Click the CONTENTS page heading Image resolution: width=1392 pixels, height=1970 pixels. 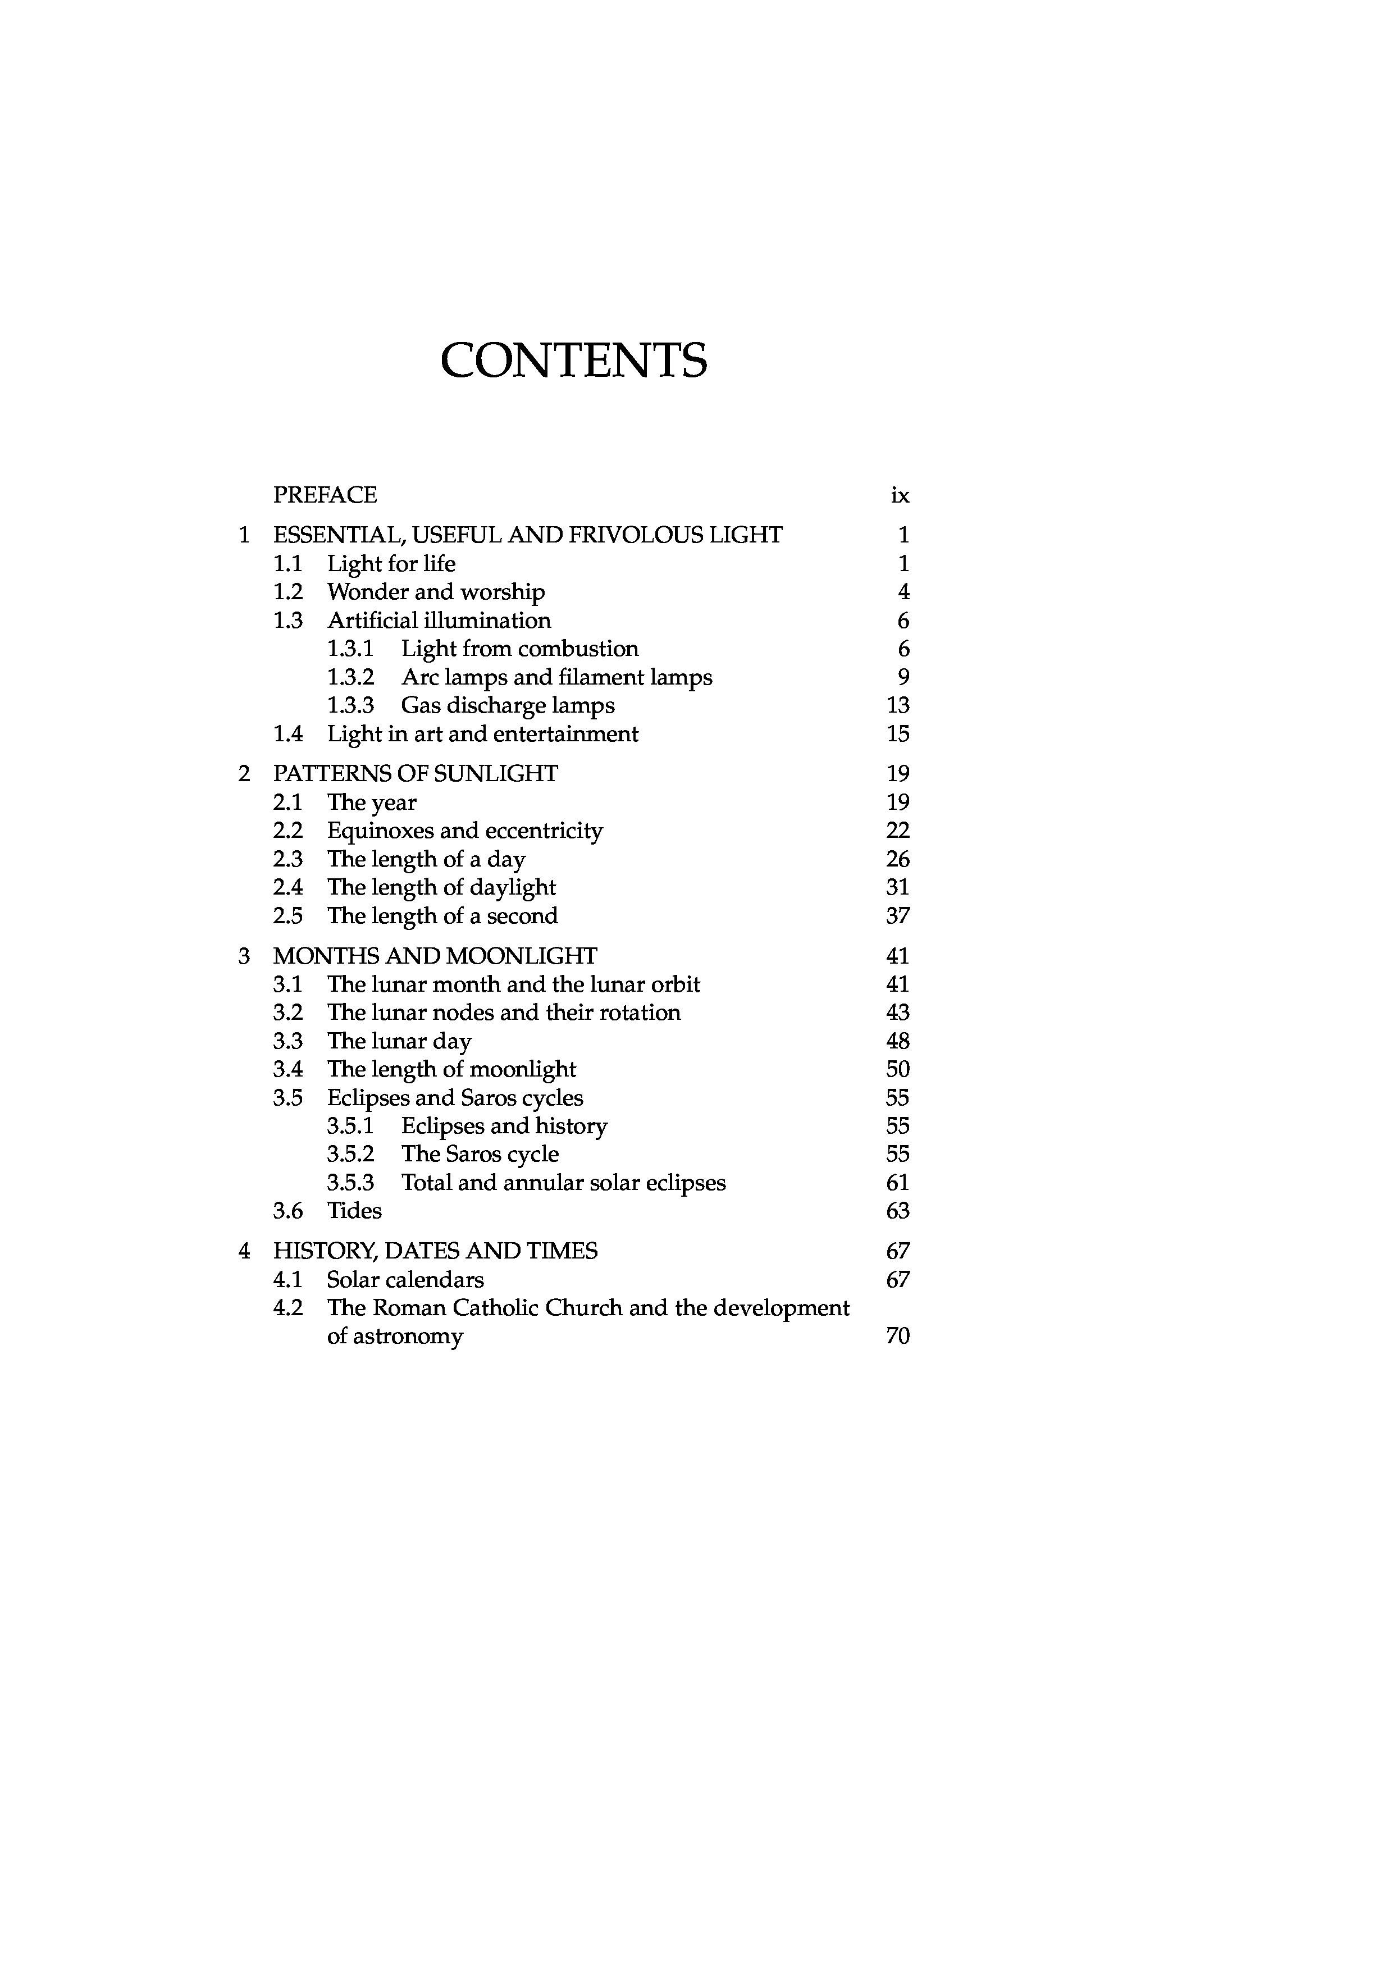pos(574,361)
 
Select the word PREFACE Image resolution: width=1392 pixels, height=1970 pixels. pos(325,495)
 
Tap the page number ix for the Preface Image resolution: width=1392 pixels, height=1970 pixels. pos(900,496)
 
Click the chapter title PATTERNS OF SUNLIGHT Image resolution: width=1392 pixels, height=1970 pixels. pos(415,774)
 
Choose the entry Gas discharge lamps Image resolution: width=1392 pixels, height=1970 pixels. pos(508,706)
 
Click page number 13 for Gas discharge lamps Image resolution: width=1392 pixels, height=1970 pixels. pos(898,705)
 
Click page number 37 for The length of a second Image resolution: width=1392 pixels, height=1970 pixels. pos(898,916)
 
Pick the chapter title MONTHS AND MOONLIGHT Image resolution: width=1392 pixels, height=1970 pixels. pos(435,956)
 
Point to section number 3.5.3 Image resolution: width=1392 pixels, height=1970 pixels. pos(351,1183)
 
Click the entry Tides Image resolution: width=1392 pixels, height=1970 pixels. pos(354,1211)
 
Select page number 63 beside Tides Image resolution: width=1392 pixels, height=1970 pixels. pos(898,1211)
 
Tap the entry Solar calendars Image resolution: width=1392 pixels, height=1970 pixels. pos(405,1280)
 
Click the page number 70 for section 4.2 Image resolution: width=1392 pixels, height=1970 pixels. pos(898,1337)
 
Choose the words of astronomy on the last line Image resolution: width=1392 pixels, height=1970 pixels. pos(395,1337)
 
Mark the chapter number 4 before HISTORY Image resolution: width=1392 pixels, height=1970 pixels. pos(244,1252)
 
